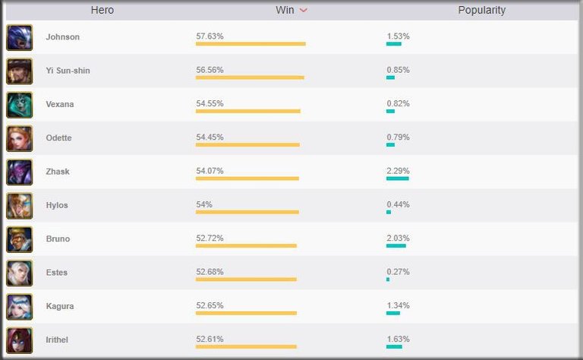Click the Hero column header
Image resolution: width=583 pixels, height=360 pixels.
[x=102, y=11]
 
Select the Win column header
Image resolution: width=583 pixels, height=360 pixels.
[x=285, y=11]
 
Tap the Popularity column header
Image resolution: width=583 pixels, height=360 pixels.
[x=481, y=11]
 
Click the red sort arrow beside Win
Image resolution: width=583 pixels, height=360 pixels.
[x=304, y=11]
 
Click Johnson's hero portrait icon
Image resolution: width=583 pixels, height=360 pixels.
[x=19, y=37]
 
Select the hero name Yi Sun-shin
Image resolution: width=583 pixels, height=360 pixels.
[x=68, y=71]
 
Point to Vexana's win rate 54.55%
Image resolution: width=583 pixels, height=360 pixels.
[x=210, y=103]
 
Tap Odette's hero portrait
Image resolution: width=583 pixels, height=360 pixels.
[x=19, y=138]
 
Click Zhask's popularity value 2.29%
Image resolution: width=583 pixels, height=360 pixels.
[x=398, y=171]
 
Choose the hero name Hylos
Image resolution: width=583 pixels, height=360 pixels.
[x=57, y=205]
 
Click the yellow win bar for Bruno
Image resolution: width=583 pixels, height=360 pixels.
[x=246, y=245]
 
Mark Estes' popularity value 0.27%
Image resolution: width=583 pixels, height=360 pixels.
[x=398, y=272]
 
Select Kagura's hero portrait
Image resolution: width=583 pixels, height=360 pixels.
[x=19, y=306]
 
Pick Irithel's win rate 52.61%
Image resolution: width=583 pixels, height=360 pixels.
[x=210, y=339]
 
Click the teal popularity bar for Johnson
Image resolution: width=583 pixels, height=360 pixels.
[x=393, y=44]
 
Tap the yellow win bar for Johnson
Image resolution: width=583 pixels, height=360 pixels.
[x=251, y=44]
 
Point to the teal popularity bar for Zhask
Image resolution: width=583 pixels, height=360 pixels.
[x=397, y=178]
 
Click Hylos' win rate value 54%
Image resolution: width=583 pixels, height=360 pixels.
[x=203, y=204]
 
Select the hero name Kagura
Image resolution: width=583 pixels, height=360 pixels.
[x=59, y=306]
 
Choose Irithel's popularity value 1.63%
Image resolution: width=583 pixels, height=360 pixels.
[x=398, y=339]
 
